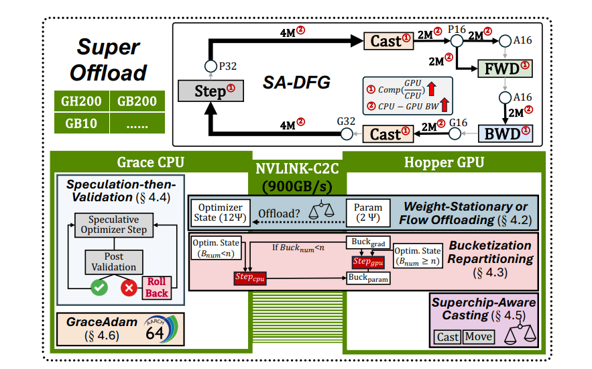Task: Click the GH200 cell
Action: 81,102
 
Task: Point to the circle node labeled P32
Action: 209,66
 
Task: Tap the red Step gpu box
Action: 367,260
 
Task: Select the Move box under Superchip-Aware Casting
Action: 478,337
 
